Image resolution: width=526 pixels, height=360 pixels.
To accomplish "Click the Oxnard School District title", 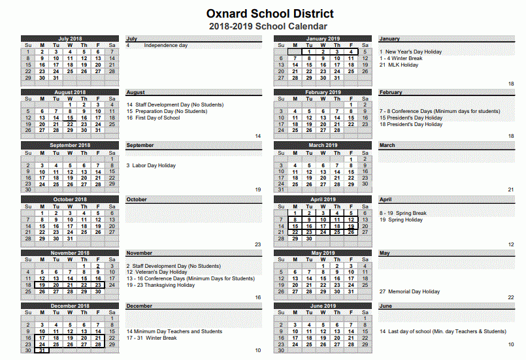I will [270, 14].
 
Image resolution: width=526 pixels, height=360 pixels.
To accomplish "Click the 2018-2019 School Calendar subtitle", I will [268, 27].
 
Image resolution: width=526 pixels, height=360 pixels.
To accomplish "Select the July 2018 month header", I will [69, 39].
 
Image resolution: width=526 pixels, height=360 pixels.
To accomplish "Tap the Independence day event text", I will [165, 45].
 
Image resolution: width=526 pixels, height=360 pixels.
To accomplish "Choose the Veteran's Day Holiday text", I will [157, 272].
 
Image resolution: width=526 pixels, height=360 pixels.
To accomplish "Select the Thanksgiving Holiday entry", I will [161, 285].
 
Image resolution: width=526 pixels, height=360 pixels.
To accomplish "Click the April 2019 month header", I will [322, 199].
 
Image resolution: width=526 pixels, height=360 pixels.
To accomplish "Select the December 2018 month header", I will [69, 305].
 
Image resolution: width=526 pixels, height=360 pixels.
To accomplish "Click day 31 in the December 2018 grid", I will [42, 350].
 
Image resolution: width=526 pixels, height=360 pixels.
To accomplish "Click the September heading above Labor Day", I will [140, 145].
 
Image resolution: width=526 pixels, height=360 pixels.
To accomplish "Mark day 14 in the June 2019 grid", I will [351, 331].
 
